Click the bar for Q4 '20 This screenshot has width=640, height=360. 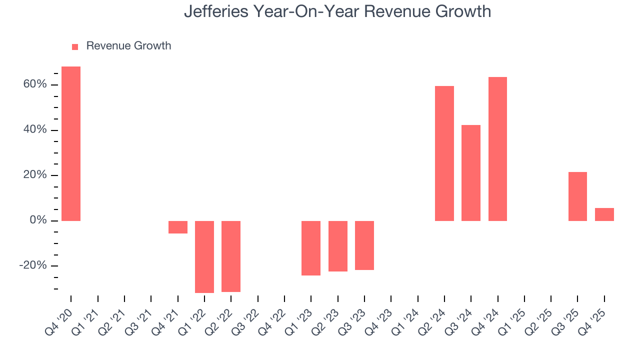click(x=71, y=143)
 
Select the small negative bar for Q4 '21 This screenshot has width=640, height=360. click(x=177, y=227)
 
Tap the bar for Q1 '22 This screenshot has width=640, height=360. click(x=204, y=256)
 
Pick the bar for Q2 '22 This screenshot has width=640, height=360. click(x=231, y=256)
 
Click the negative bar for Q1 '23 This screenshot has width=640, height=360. click(x=311, y=248)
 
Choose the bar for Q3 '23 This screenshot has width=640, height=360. click(x=364, y=245)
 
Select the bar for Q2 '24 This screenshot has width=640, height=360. click(x=444, y=153)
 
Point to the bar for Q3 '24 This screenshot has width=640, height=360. click(x=471, y=172)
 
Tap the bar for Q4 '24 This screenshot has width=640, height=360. click(x=497, y=148)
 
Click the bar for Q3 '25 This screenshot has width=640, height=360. click(x=577, y=196)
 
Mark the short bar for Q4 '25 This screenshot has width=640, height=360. click(x=604, y=214)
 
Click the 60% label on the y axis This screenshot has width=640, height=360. click(x=34, y=84)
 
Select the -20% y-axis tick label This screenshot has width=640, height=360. click(x=33, y=265)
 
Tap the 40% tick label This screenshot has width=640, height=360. click(x=34, y=130)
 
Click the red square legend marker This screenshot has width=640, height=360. click(x=75, y=46)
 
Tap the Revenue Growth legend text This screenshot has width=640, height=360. click(x=128, y=46)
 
